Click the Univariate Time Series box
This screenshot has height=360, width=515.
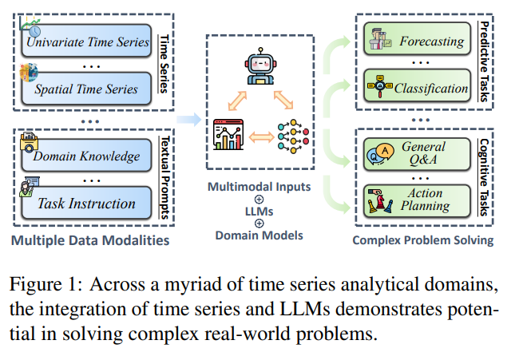pyautogui.click(x=88, y=40)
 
